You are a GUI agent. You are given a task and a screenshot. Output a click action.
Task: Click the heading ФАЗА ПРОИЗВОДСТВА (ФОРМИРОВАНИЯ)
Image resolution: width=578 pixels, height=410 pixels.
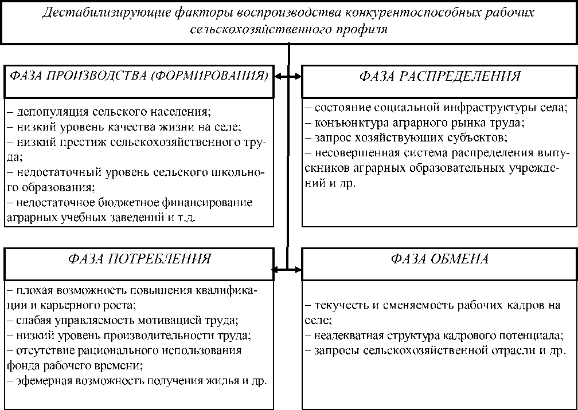(137, 76)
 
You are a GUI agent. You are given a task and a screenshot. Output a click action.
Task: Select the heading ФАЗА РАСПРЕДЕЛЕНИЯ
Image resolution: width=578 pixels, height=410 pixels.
(440, 76)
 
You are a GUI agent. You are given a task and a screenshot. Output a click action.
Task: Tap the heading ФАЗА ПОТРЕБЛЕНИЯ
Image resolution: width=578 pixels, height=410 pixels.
(139, 259)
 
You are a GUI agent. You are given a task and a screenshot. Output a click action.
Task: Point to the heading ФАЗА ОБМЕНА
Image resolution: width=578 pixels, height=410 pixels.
(440, 259)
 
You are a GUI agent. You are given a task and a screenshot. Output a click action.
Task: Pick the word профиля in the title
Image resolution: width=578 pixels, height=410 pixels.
(364, 29)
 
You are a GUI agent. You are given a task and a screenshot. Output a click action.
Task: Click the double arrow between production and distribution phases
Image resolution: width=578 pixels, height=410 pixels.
(288, 76)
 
